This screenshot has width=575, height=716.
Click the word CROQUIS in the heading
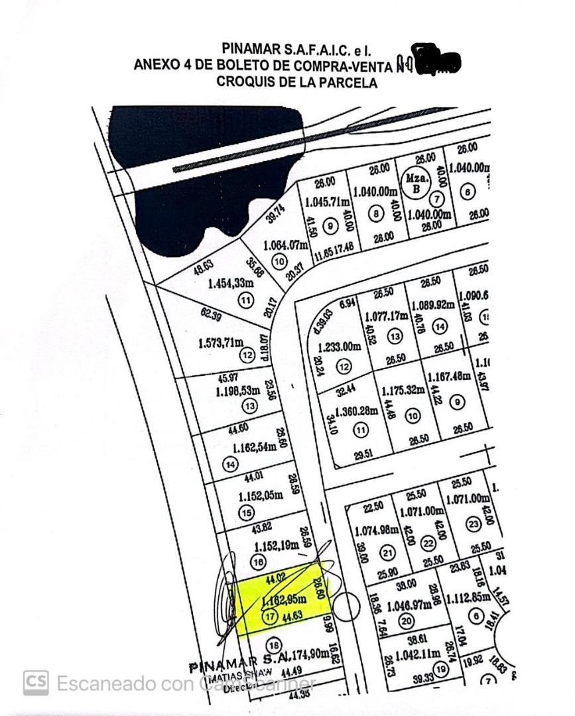(x=245, y=83)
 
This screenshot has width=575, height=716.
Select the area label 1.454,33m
(x=231, y=284)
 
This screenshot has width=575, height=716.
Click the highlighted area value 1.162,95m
(x=285, y=600)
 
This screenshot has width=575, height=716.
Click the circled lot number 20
(x=406, y=621)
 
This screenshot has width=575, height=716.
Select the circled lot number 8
(x=377, y=213)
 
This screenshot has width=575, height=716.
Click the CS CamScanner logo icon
(x=36, y=683)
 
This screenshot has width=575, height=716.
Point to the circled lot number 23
(x=472, y=524)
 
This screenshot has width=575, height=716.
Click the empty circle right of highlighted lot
(x=346, y=606)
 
